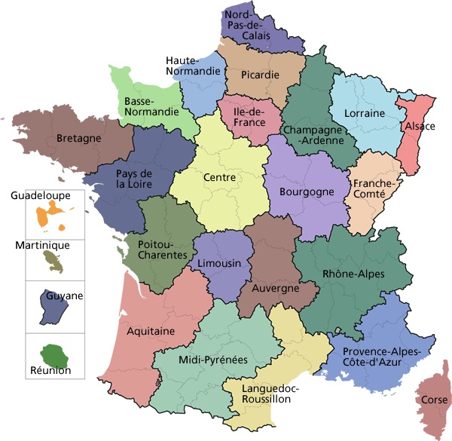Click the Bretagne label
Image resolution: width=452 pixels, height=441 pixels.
78,139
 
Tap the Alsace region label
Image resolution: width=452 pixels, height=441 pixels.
420,126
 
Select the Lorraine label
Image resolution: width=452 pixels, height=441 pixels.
364,113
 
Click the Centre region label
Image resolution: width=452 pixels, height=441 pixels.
219,178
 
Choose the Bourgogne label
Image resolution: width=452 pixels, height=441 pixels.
306,192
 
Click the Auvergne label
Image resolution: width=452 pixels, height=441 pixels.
275,288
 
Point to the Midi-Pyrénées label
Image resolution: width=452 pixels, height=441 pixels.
213,360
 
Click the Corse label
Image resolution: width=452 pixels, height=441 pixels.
435,400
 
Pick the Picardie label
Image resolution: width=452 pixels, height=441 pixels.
261,75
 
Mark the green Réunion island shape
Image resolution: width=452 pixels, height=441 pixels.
54,353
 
